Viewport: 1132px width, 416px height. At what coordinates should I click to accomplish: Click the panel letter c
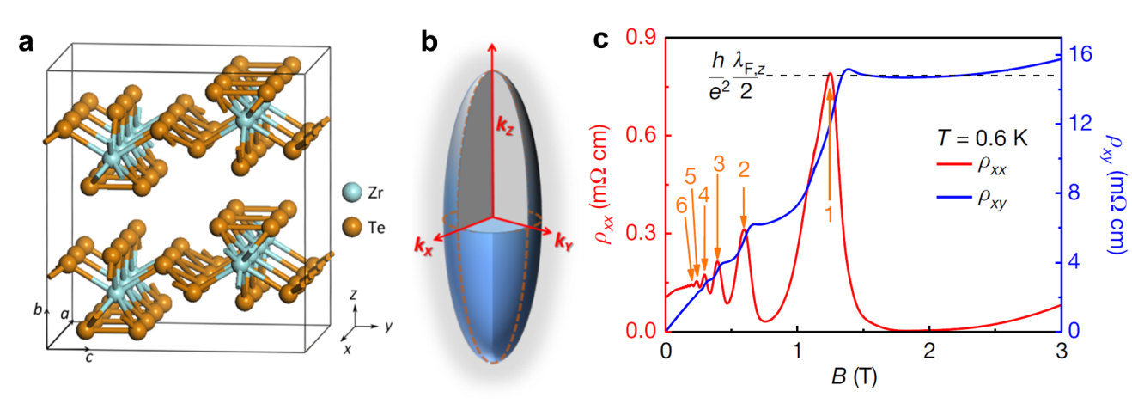(602, 39)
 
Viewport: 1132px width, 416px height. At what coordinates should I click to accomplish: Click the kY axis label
(564, 239)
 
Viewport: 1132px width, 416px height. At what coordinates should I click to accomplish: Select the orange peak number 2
(745, 170)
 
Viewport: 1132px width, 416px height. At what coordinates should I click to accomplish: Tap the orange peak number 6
(681, 205)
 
